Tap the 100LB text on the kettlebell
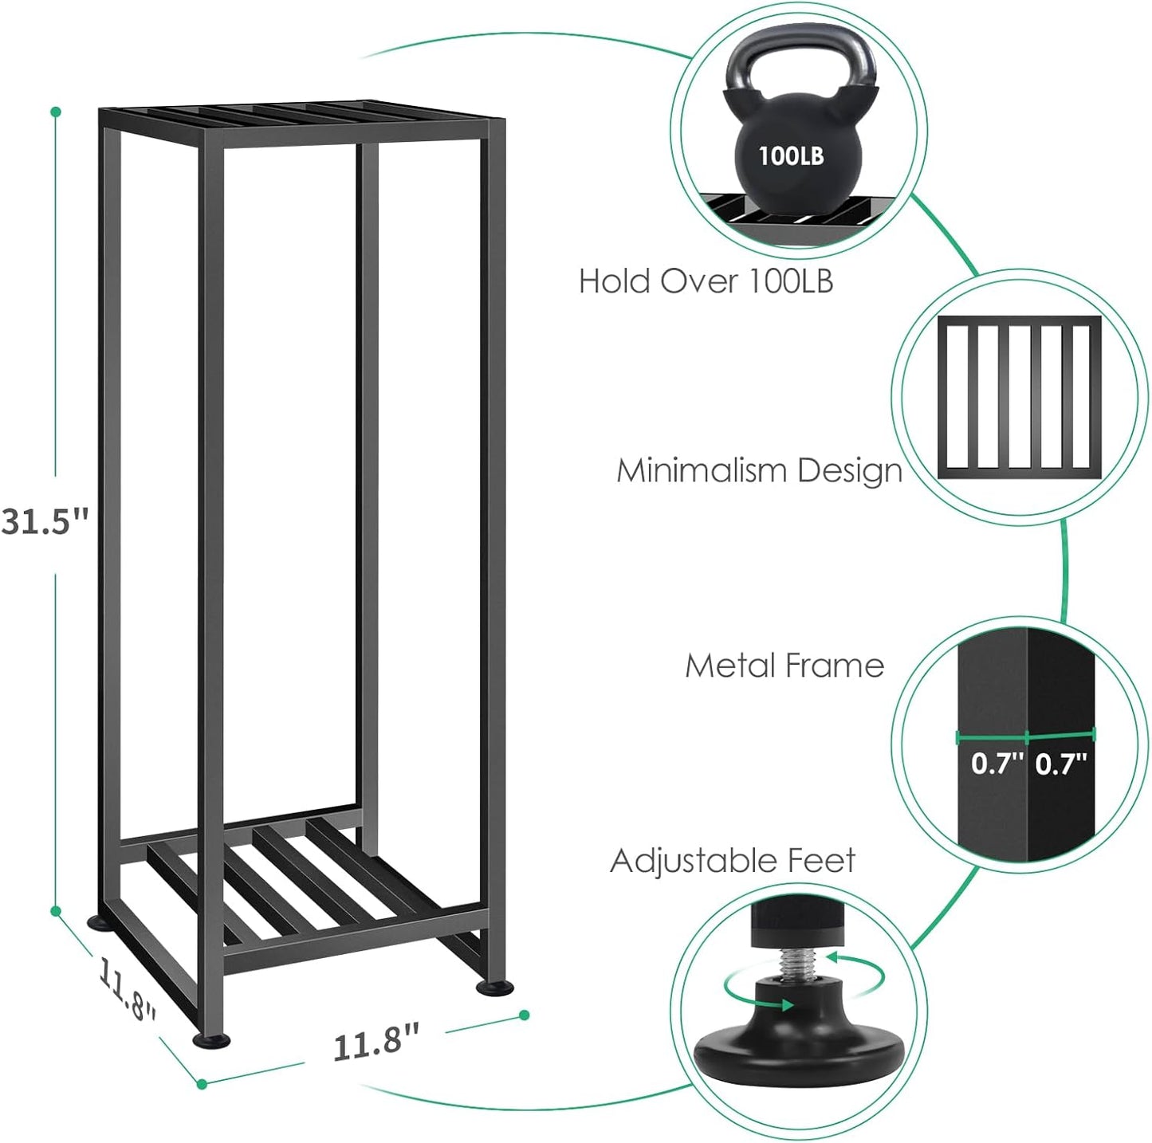coord(790,155)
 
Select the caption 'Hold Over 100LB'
coord(706,281)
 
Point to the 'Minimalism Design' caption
coord(759,471)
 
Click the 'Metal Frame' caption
coord(784,666)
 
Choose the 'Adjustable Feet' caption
coord(733,861)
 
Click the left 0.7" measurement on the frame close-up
coord(997,764)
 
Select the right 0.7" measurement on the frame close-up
coord(1061,764)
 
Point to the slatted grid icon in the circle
coord(1020,397)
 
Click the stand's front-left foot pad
coord(211,1039)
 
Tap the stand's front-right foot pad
coord(494,988)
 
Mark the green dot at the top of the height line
coord(55,112)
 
